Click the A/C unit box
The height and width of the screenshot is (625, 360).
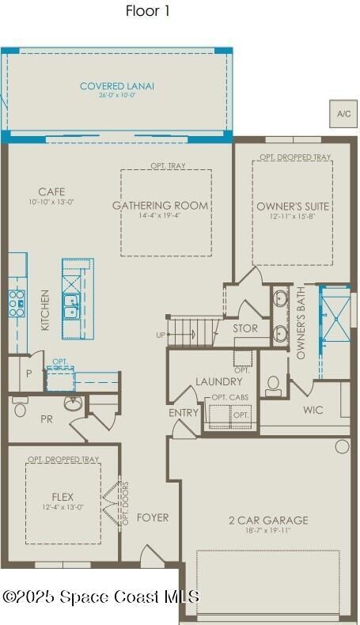343,114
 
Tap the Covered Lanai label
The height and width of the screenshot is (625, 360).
116,86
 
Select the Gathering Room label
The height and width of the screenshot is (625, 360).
160,206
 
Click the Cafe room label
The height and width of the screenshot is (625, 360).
51,191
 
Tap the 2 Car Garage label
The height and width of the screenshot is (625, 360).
268,520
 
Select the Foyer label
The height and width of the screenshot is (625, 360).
152,517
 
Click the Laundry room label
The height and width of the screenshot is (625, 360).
218,382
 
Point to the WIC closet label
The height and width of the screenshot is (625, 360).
313,410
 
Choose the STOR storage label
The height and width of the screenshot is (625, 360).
244,328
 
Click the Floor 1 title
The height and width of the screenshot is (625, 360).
147,11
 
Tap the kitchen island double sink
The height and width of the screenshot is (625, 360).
72,306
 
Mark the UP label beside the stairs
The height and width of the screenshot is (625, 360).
161,335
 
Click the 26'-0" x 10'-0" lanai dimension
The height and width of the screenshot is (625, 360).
116,96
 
